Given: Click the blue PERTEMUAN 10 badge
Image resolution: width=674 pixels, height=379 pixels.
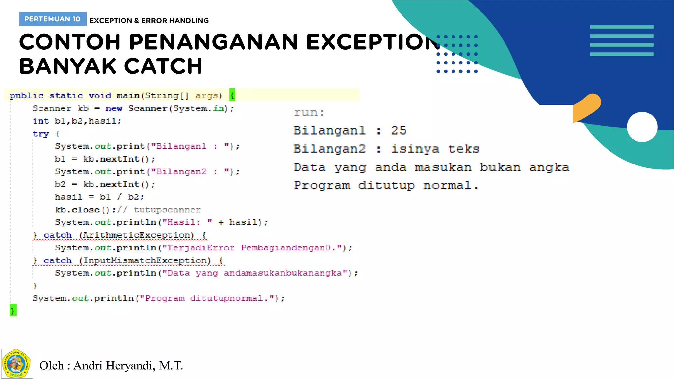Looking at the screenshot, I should coord(53,19).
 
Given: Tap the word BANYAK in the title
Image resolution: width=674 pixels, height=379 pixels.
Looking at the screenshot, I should coord(67,66).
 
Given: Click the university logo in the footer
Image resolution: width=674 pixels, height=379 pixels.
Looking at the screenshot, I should coord(16,364).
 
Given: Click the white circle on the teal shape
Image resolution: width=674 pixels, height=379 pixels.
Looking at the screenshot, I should coord(642,127).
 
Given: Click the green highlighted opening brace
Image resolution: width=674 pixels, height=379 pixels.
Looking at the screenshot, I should coord(232,95).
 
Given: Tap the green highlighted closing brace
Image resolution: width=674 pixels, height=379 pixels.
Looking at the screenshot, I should coord(13,311).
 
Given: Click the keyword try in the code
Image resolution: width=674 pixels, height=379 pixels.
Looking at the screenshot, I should coord(41,134).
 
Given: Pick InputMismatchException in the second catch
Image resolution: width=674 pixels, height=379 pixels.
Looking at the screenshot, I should coord(146,260).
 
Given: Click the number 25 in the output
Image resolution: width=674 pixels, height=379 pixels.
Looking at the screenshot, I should coord(399,130).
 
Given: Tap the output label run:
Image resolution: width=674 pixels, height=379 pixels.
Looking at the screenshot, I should coord(309,113).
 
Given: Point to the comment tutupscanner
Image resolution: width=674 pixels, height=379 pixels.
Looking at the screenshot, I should coord(167,210).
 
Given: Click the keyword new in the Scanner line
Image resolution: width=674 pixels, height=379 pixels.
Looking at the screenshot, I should coord(114,108).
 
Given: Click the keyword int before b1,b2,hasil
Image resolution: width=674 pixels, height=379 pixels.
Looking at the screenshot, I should coord(41,121).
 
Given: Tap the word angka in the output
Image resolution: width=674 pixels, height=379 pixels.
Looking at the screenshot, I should coord(549,167).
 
